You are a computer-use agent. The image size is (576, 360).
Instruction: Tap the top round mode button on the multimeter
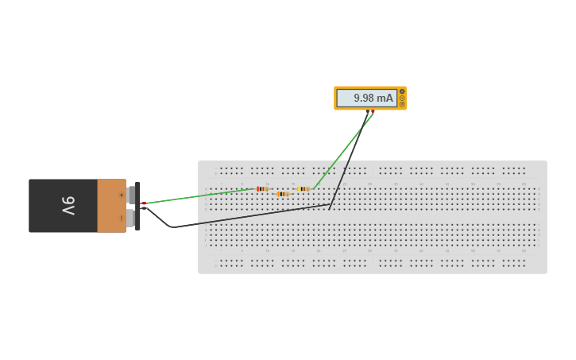[402, 91]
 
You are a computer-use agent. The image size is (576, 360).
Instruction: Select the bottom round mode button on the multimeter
[402, 104]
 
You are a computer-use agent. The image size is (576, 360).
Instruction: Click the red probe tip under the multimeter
[373, 112]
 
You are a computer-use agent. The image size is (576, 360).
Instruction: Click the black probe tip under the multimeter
[368, 112]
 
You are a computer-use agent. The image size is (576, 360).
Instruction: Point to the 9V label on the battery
[68, 206]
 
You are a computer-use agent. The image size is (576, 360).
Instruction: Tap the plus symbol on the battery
[122, 195]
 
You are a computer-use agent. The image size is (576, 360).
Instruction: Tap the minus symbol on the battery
[122, 218]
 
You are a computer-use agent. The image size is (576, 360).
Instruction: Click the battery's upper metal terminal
[131, 195]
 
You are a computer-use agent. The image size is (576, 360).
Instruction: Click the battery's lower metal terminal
[131, 218]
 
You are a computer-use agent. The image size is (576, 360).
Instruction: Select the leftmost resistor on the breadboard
[262, 188]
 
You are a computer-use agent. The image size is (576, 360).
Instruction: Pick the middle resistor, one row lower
[282, 194]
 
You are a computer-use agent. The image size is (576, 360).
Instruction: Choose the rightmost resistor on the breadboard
[303, 188]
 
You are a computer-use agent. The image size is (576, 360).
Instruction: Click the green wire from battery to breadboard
[199, 195]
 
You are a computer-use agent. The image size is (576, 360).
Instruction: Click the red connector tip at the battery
[143, 203]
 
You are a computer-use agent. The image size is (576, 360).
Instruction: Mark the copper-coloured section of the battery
[111, 206]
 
